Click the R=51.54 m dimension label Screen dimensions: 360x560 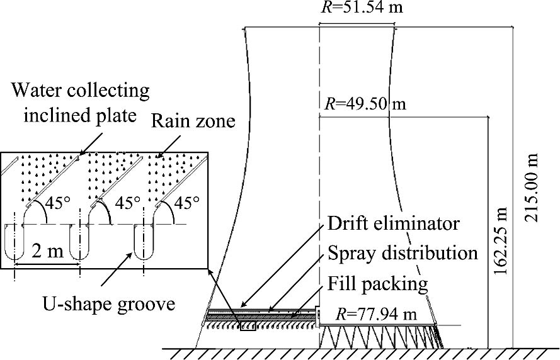tap(357, 8)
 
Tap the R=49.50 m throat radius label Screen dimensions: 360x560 tap(365, 103)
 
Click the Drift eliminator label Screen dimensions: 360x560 tap(394, 223)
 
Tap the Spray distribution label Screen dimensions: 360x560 tap(403, 253)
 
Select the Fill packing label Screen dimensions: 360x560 tap(377, 283)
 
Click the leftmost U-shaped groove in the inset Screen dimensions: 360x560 tap(14, 240)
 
